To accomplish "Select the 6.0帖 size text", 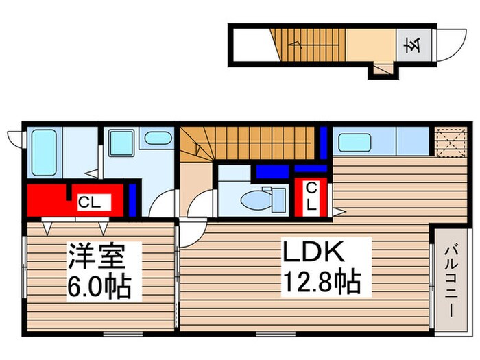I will (x=99, y=286).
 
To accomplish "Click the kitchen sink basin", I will (x=356, y=143).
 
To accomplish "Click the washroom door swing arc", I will (x=163, y=204).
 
